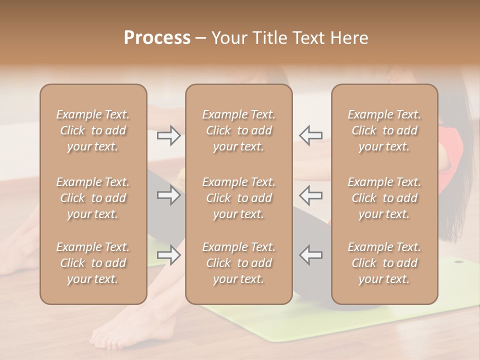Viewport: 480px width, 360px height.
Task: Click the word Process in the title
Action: pos(157,38)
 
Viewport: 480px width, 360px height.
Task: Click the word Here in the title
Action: pos(349,38)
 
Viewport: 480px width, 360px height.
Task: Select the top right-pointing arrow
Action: pos(168,135)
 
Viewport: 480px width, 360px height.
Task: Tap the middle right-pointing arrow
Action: pos(168,195)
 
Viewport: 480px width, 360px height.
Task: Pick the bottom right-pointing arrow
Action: pos(168,255)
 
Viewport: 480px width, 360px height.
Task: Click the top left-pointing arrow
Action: pos(310,135)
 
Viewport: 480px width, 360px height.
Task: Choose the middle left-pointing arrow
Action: pos(310,195)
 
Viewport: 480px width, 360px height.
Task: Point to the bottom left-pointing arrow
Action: pos(310,254)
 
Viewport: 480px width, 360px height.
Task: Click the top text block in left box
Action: pos(93,130)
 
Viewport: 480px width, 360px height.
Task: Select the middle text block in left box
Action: pos(93,198)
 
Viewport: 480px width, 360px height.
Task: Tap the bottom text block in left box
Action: pos(93,263)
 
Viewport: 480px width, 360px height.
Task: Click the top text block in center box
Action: pos(239,130)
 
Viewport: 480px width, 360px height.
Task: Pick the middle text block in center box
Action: pos(239,198)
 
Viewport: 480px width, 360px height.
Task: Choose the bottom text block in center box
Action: pos(239,263)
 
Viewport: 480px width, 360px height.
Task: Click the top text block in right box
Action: pos(384,130)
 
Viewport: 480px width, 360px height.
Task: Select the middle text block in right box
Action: pos(384,198)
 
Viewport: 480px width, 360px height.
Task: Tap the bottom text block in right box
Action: pos(384,263)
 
